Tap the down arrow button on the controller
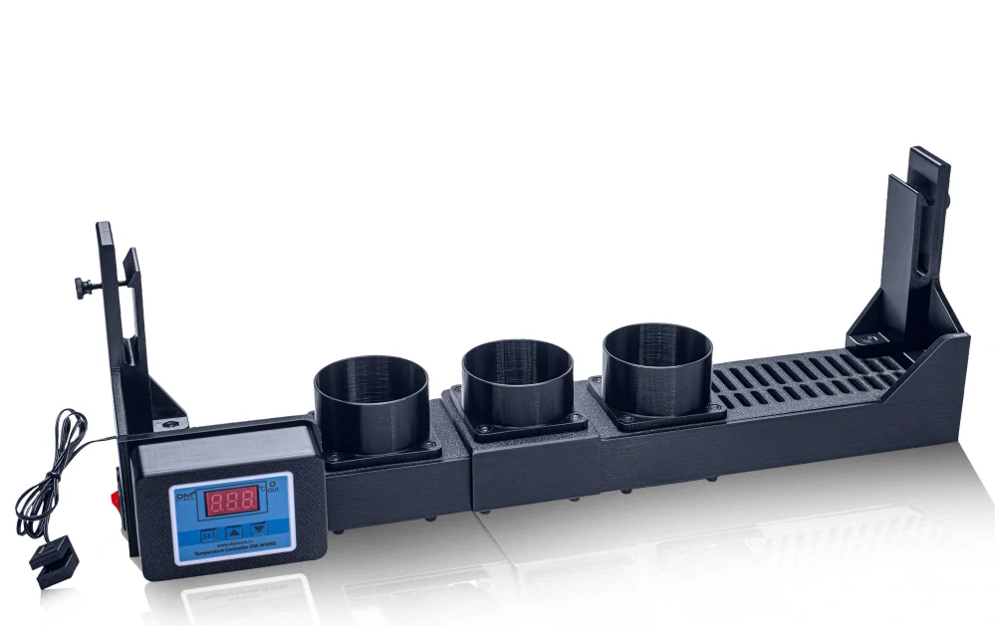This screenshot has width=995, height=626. [x=259, y=529]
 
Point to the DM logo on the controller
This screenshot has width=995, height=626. [x=186, y=495]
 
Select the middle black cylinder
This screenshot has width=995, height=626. [x=517, y=383]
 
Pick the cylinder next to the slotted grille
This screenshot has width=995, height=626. [x=656, y=368]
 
